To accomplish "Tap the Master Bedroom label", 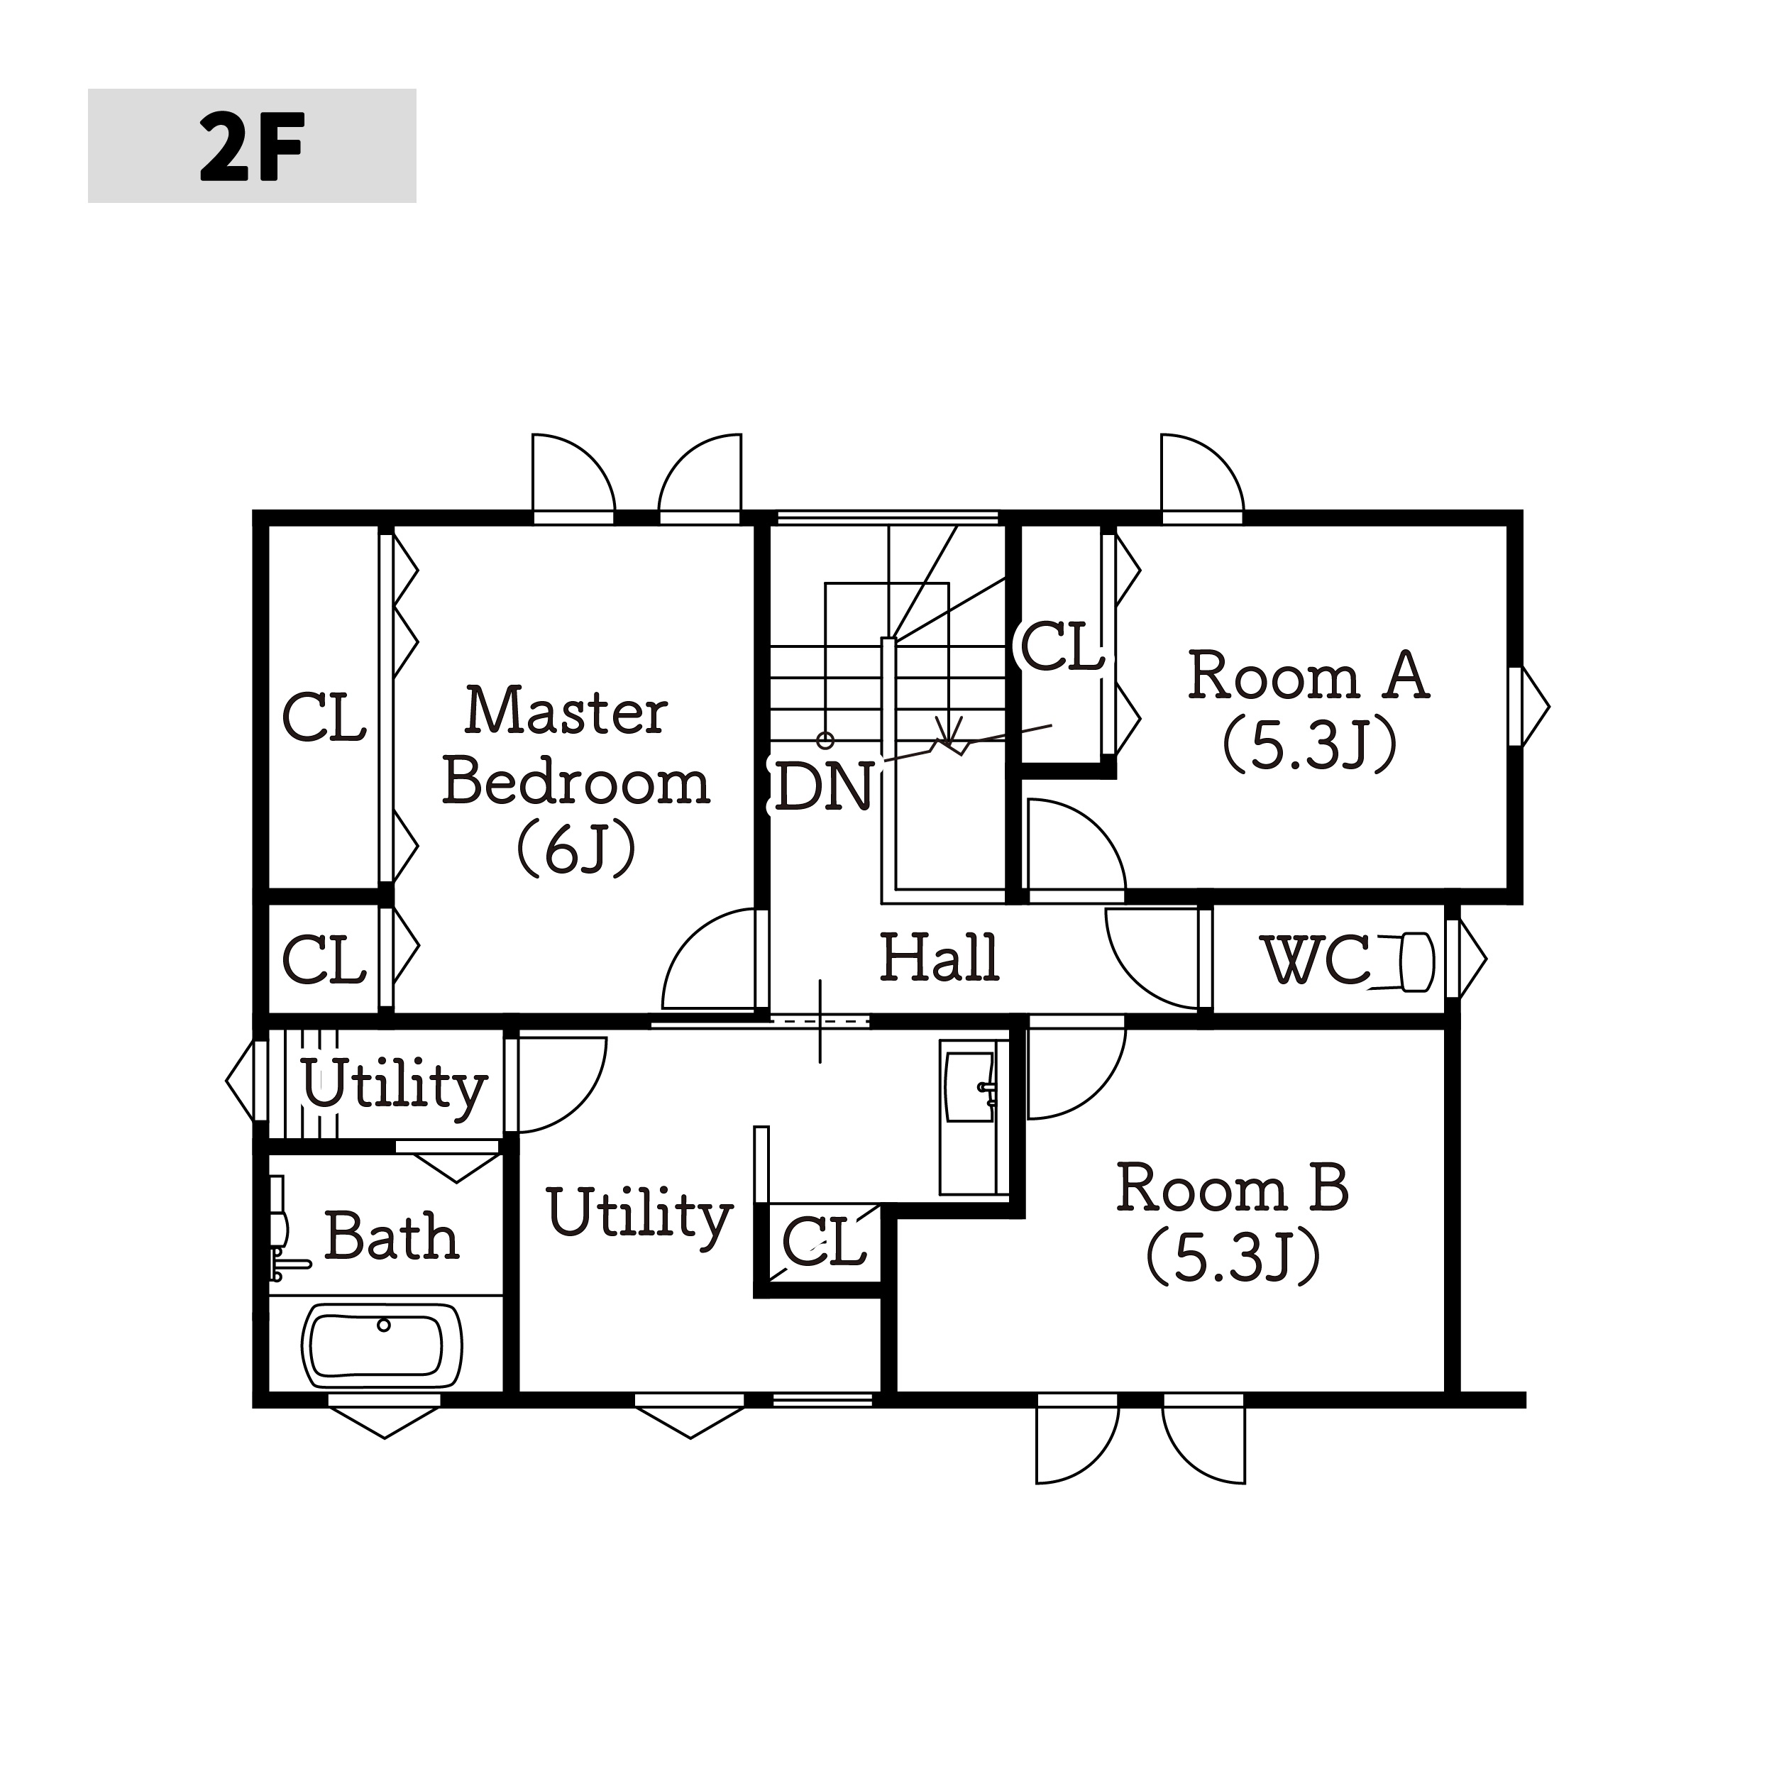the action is (x=575, y=781).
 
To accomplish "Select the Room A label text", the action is (x=1309, y=710).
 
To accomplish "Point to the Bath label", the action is (x=391, y=1236).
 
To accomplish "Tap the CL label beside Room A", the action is (x=1062, y=647).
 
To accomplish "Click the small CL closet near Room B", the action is (x=825, y=1243).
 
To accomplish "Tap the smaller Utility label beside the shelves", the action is (x=394, y=1086).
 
